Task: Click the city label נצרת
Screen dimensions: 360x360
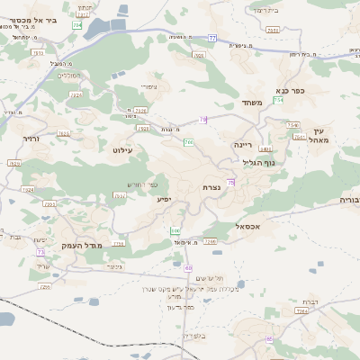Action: pyautogui.click(x=212, y=186)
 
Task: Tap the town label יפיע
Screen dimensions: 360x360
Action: pyautogui.click(x=164, y=198)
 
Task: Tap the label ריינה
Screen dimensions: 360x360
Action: pyautogui.click(x=244, y=144)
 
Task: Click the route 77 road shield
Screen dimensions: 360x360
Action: pyautogui.click(x=212, y=38)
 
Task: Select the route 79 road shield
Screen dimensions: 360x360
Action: pyautogui.click(x=203, y=119)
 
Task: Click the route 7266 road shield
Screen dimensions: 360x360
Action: pyautogui.click(x=211, y=241)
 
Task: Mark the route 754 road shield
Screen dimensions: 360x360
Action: pyautogui.click(x=279, y=99)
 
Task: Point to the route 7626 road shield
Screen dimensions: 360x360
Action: pyautogui.click(x=64, y=133)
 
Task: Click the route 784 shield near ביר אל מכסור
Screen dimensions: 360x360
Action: pyautogui.click(x=76, y=25)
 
